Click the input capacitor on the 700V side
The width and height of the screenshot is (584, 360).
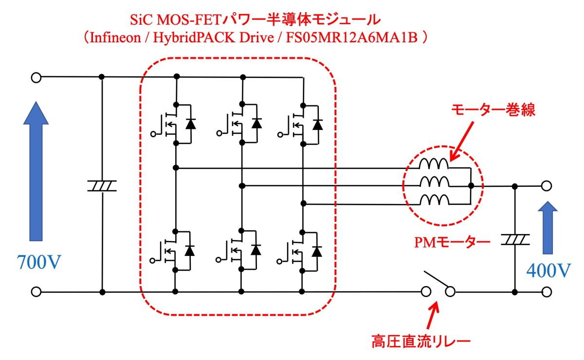[x=102, y=185]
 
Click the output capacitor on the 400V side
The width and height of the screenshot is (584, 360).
[x=515, y=239]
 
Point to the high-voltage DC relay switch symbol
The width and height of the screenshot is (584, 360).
[x=438, y=284]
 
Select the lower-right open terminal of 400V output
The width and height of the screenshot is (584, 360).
[x=546, y=292]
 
